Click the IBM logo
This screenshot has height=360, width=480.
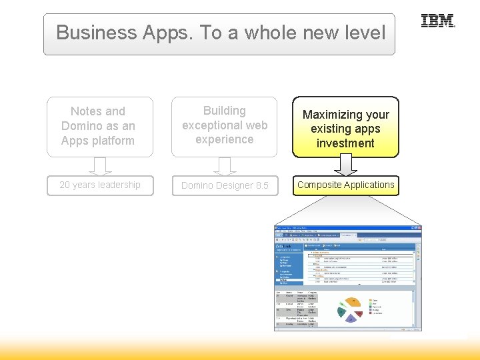(437, 21)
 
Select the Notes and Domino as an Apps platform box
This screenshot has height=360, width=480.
(99, 126)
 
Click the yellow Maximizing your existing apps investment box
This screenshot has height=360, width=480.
(345, 129)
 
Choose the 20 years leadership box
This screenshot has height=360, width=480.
(100, 185)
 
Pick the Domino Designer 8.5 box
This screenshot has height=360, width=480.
(225, 185)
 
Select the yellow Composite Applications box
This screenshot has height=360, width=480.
(345, 185)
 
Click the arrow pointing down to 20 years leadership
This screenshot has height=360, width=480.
(100, 165)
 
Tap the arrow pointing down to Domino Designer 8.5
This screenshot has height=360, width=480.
(225, 165)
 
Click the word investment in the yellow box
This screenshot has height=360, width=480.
(345, 143)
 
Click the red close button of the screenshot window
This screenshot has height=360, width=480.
(419, 227)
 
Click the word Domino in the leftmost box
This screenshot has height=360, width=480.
(83, 126)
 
